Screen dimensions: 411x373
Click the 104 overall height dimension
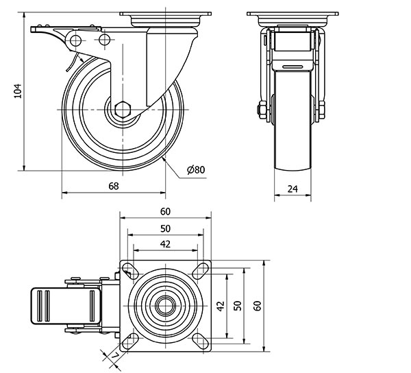[x=18, y=91]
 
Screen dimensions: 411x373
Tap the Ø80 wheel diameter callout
[x=196, y=170]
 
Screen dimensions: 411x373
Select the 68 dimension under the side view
[x=114, y=186]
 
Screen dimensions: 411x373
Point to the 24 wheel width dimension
[x=292, y=189]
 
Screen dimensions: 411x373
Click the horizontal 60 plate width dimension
[x=165, y=211]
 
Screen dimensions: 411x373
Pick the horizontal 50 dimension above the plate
[x=165, y=229]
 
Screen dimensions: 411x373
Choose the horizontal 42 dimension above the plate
[x=165, y=244]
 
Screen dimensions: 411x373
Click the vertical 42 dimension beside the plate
[x=221, y=306]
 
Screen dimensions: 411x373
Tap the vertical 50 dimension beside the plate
[x=238, y=306]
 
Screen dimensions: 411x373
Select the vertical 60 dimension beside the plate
[x=258, y=306]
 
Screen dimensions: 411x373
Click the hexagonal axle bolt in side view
[x=122, y=110]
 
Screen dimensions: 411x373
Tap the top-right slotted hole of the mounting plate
[x=201, y=271]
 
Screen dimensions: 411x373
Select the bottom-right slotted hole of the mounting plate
[x=201, y=341]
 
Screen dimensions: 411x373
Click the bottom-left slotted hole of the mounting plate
[x=130, y=341]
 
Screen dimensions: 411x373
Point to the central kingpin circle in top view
[x=165, y=305]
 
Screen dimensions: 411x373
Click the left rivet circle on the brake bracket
[x=75, y=40]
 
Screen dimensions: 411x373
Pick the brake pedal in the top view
[x=66, y=306]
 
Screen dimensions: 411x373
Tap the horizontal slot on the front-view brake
[x=292, y=66]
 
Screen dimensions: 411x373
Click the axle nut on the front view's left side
[x=262, y=110]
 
